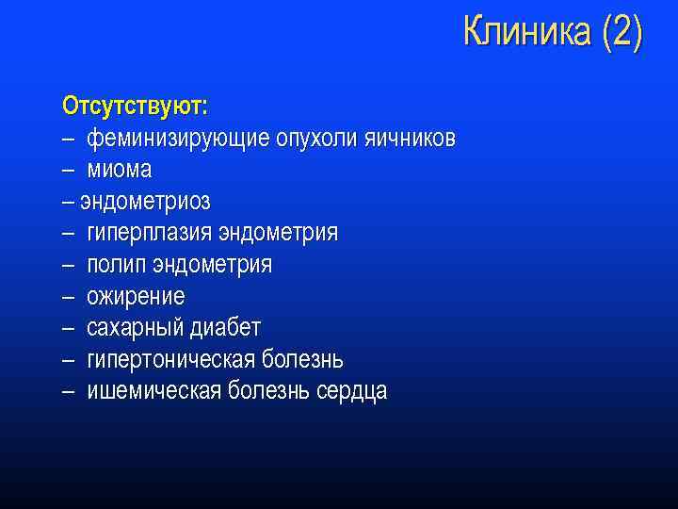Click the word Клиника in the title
[x=528, y=33]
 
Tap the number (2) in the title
[x=621, y=33]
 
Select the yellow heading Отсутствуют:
[x=136, y=102]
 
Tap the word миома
[x=120, y=170]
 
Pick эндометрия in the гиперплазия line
[x=278, y=233]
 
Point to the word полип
[x=114, y=265]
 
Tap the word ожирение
[x=136, y=296]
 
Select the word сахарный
[x=136, y=328]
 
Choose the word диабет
[x=226, y=328]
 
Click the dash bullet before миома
[x=69, y=171]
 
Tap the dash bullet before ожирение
[x=69, y=297]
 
